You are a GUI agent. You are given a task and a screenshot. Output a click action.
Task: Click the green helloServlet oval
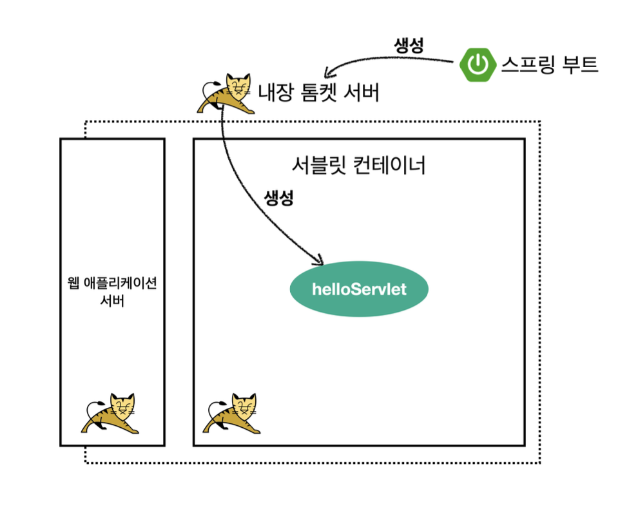tap(358, 289)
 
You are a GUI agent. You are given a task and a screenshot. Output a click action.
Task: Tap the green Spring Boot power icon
tap(478, 64)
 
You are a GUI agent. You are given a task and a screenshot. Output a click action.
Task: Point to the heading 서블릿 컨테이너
tap(358, 166)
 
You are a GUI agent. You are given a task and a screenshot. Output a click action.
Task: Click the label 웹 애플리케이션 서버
tap(112, 292)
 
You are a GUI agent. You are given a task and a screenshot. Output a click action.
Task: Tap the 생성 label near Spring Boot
tap(408, 46)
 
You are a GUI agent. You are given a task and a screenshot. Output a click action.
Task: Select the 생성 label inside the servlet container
tap(279, 198)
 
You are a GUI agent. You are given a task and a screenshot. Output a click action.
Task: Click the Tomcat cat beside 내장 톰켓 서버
tap(227, 93)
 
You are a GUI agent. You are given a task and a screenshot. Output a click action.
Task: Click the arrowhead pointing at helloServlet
tap(318, 262)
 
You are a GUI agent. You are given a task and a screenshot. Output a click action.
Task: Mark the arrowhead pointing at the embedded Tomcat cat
tap(327, 69)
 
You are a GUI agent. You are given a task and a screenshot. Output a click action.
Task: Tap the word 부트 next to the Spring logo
tap(579, 64)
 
